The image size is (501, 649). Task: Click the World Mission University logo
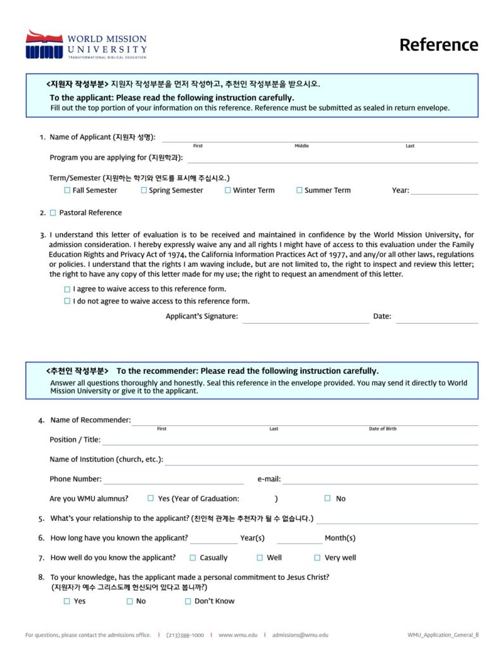coord(86,44)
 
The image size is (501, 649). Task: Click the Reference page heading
coord(438,45)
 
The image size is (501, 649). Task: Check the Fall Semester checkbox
coord(67,190)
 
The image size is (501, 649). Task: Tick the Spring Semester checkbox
coord(144,190)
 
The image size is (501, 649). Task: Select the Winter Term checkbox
coord(228,190)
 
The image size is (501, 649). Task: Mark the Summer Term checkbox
coord(300,190)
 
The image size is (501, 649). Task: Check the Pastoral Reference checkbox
coord(53,213)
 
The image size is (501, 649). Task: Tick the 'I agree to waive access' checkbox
coord(67,289)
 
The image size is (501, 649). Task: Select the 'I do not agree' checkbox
coord(67,302)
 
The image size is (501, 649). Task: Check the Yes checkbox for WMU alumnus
coord(151,498)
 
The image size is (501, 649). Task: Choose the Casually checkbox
coord(193,558)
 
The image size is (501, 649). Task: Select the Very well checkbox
coord(317,558)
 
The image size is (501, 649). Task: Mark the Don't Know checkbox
coord(187,601)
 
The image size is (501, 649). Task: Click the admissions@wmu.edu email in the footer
coord(300,635)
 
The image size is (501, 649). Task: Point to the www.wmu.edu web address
coord(238,635)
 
